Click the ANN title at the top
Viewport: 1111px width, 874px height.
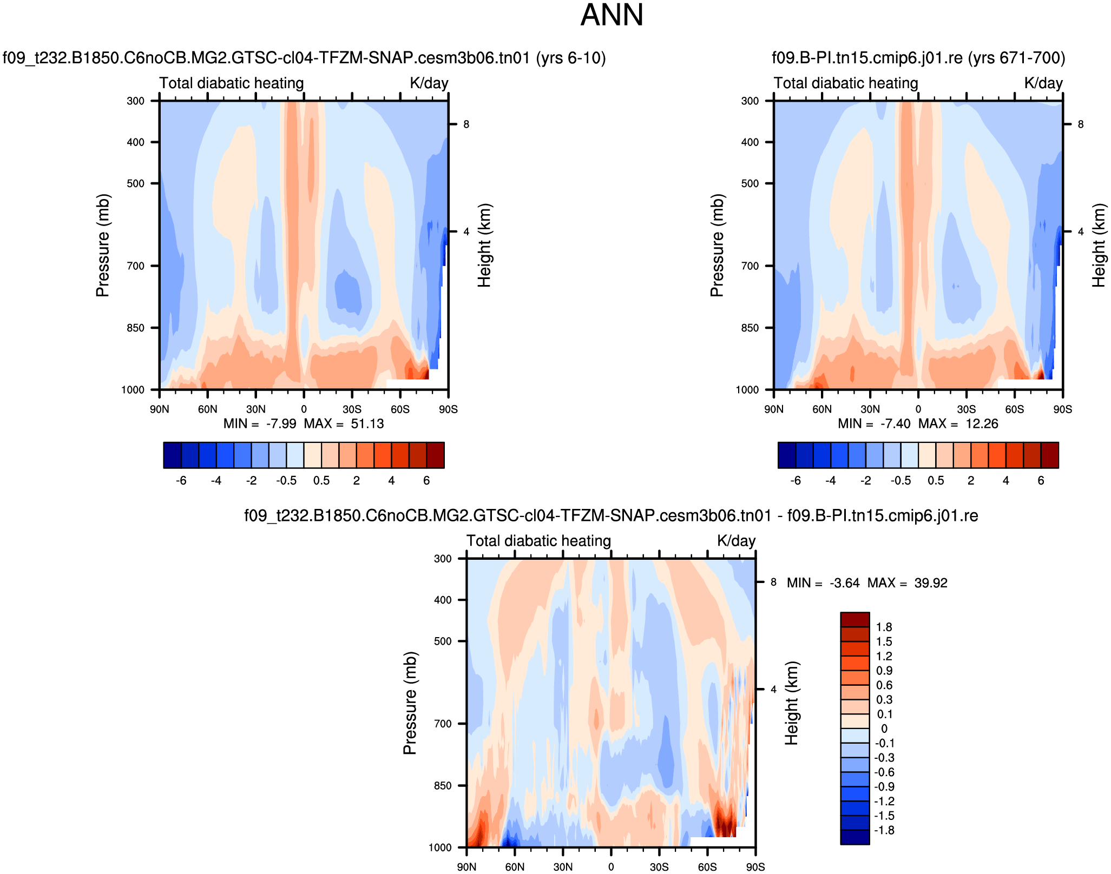612,15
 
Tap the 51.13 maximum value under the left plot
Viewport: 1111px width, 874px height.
367,423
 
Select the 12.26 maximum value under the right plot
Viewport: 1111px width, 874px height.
982,423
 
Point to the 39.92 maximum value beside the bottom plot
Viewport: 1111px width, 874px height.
931,583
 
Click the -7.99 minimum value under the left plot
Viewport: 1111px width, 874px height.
281,423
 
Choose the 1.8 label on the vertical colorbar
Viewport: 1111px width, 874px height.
884,627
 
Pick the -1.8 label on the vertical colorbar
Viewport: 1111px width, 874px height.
883,830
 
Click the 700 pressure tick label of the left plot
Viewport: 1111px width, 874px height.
135,266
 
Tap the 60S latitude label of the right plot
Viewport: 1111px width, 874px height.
1015,409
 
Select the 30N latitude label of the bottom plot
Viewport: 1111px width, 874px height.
563,867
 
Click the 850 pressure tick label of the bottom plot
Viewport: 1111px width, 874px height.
443,786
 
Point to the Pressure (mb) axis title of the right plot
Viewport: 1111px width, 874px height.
717,245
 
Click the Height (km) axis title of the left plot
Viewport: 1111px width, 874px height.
484,245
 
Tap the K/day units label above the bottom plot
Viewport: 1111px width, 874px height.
736,541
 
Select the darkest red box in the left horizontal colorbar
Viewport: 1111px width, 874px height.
436,455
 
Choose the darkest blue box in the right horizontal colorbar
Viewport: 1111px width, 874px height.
786,455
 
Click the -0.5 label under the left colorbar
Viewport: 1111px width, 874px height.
286,480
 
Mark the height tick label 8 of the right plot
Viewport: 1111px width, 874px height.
1081,124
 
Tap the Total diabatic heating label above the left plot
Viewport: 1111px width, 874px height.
232,83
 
